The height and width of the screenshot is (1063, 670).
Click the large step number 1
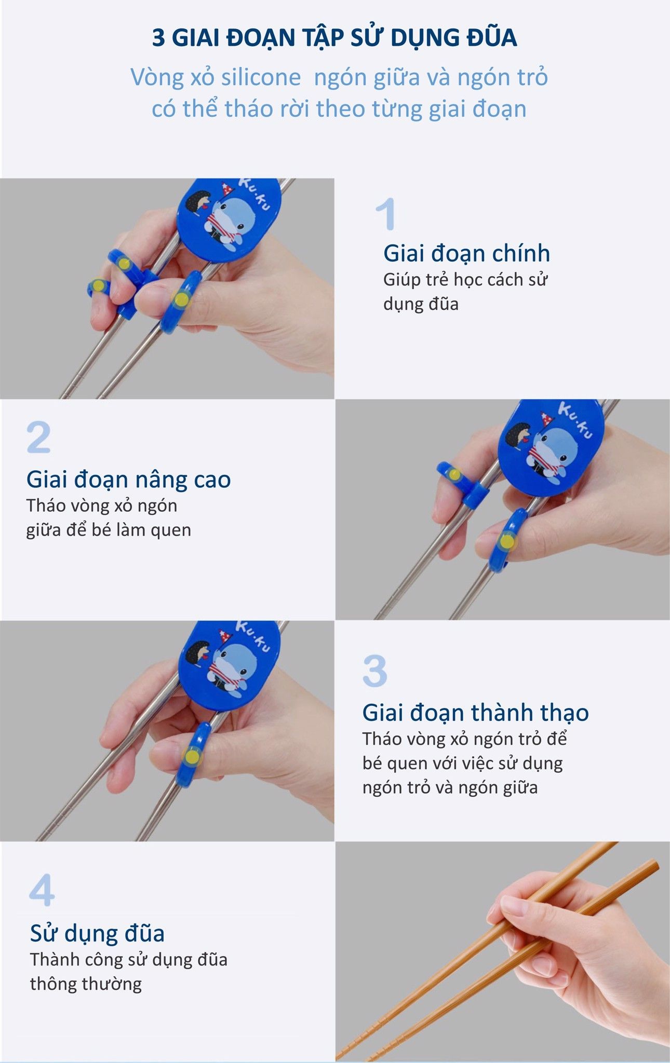(x=386, y=214)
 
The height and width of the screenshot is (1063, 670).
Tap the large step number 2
(x=39, y=437)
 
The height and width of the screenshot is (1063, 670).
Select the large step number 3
(x=375, y=671)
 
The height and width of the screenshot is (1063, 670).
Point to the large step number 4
(x=42, y=890)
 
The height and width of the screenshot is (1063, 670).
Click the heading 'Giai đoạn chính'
(x=466, y=253)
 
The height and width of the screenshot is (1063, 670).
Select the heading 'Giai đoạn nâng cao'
(x=128, y=479)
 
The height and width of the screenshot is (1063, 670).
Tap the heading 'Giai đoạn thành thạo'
(x=475, y=713)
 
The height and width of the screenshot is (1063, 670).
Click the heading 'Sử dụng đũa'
(x=97, y=933)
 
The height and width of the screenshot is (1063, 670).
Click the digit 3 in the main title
(x=158, y=38)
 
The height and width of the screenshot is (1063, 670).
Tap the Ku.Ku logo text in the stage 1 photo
(x=254, y=193)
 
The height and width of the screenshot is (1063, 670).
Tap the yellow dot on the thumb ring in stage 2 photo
(x=506, y=542)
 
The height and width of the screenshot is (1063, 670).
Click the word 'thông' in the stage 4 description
(x=52, y=984)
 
